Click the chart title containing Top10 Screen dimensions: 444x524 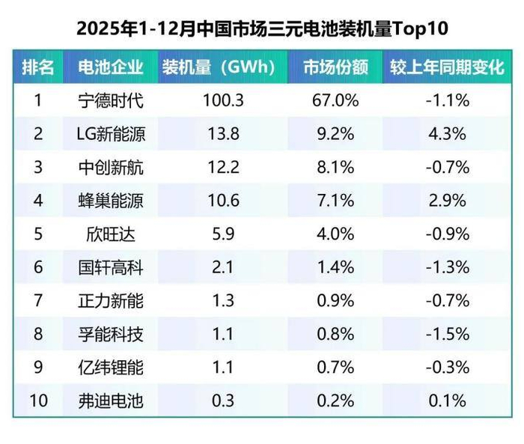(x=262, y=29)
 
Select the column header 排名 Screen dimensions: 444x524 (x=37, y=67)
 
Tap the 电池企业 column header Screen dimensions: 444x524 (x=110, y=67)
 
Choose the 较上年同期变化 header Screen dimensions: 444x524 (x=447, y=67)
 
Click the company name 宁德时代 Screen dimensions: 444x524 (x=110, y=100)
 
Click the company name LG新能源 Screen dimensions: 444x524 (x=110, y=134)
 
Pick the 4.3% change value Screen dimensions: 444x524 (x=447, y=134)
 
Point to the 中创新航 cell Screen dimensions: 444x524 (x=110, y=167)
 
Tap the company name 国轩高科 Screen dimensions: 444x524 (x=110, y=267)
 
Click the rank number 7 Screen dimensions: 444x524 (x=37, y=300)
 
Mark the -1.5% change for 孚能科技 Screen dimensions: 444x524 (x=447, y=334)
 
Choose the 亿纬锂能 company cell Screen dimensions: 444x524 (x=110, y=367)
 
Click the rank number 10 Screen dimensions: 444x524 (x=37, y=401)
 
